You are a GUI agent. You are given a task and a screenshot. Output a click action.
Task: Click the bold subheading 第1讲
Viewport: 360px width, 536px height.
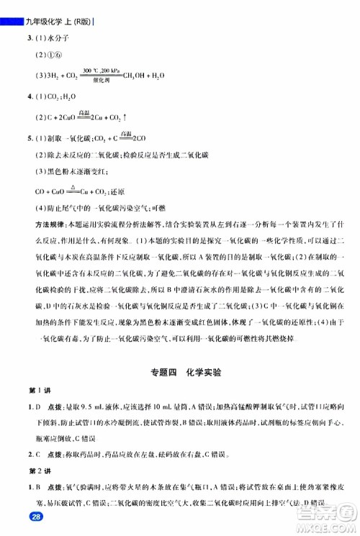point(34,391)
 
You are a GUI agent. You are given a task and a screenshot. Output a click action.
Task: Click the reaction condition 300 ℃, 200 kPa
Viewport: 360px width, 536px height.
point(102,70)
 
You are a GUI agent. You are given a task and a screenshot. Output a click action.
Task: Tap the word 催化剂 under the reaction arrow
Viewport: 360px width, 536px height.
point(102,80)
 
